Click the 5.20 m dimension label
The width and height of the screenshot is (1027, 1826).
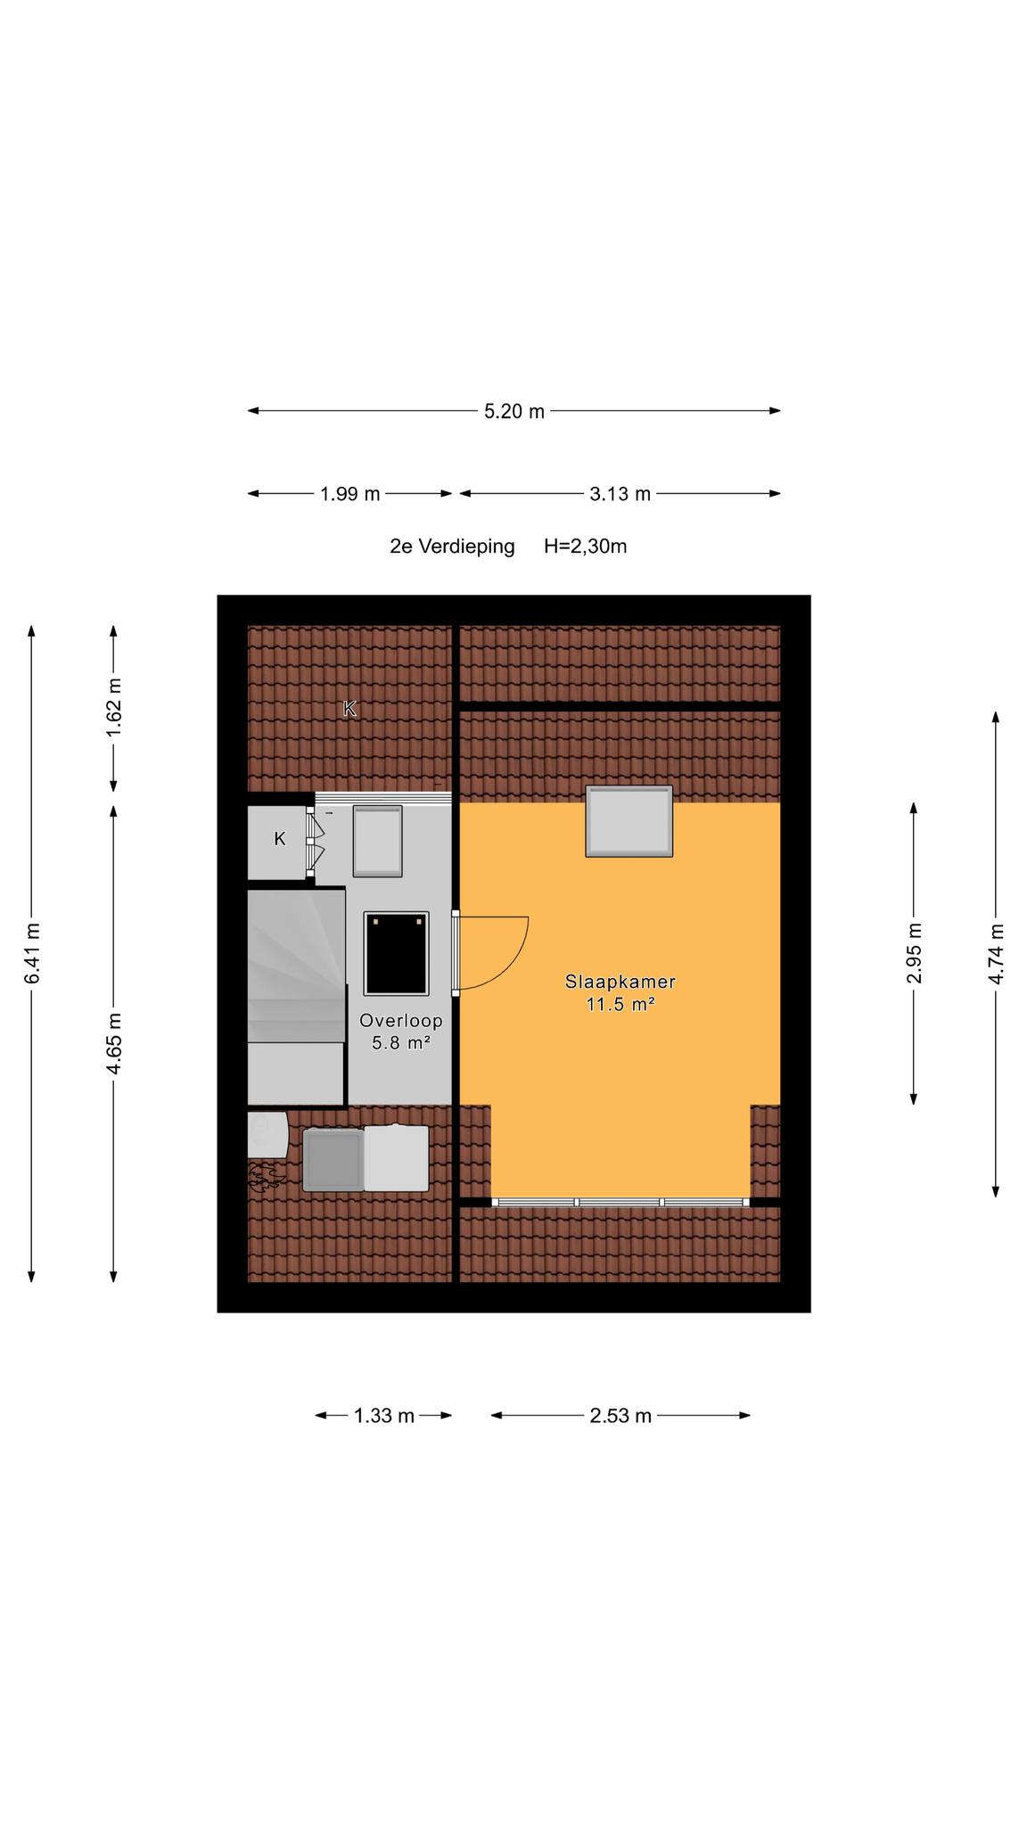[x=514, y=411]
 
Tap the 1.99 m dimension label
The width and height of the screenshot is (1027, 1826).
[x=350, y=494]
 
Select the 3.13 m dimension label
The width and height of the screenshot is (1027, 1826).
[x=620, y=494]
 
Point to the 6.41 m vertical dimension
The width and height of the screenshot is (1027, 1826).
[x=32, y=953]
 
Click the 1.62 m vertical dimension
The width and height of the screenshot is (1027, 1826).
[x=113, y=708]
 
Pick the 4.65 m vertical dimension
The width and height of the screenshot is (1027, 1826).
[x=113, y=1044]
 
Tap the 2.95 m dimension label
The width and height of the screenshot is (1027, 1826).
[x=914, y=953]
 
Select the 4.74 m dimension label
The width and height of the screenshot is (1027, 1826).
[x=996, y=953]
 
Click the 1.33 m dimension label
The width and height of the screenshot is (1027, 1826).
[x=384, y=1416]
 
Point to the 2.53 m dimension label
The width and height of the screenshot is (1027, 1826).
[x=620, y=1416]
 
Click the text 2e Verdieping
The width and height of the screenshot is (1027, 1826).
[x=452, y=547]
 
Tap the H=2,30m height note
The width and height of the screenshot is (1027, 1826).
[x=586, y=547]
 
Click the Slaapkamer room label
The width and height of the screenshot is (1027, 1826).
[x=620, y=982]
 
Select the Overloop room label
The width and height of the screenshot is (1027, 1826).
[x=401, y=1021]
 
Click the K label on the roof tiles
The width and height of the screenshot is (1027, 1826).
[x=349, y=709]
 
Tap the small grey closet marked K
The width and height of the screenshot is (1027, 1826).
[x=278, y=842]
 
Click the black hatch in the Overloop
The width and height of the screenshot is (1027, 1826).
[x=397, y=953]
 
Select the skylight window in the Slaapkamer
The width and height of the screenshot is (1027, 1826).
[x=629, y=821]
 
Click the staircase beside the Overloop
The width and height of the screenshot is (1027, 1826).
[x=296, y=997]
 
